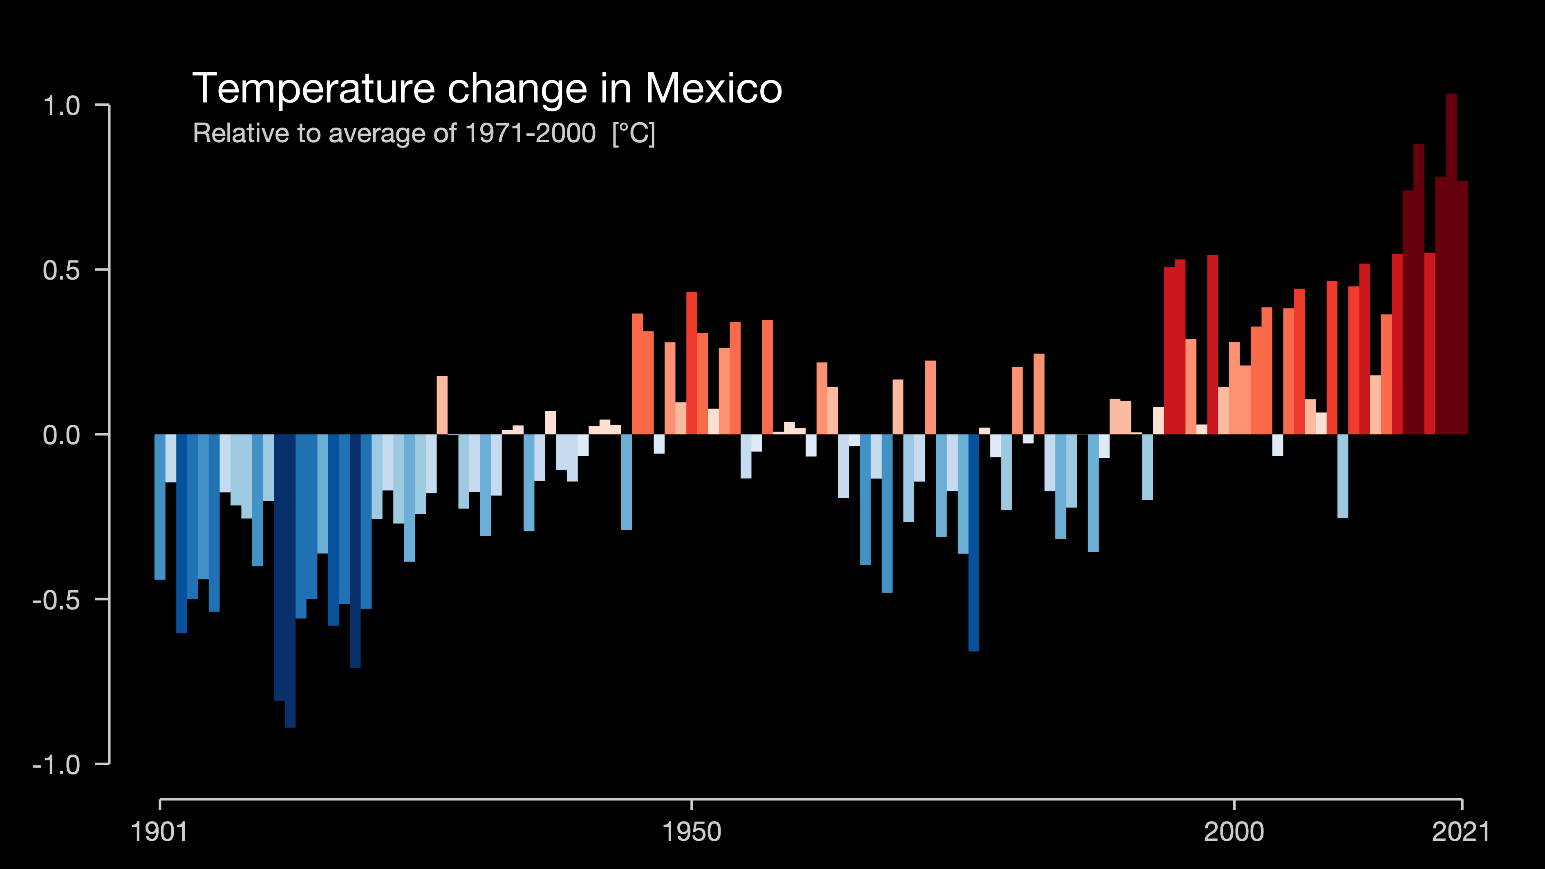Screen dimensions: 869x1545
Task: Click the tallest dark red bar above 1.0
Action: point(1451,264)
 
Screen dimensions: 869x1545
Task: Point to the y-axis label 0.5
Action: point(61,271)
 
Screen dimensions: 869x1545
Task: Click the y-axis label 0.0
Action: point(61,435)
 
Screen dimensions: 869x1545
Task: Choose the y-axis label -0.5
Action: point(56,600)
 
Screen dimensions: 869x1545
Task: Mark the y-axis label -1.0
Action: point(56,765)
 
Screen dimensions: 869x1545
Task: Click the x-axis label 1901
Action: point(159,832)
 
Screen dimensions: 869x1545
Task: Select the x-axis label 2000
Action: point(1234,832)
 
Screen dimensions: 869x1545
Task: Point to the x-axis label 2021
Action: point(1460,832)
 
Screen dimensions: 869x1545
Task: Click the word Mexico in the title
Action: point(713,89)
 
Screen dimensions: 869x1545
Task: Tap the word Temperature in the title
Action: point(313,89)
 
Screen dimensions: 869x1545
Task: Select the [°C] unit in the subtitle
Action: point(634,133)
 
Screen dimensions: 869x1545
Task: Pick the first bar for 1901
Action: point(159,507)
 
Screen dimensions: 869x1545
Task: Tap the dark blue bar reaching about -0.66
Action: point(974,543)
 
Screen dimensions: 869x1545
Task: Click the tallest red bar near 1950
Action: point(692,363)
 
